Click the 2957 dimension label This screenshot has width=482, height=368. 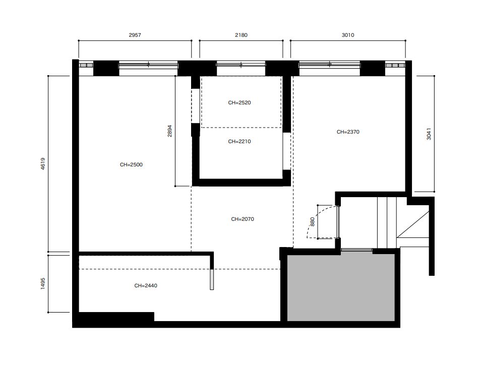[x=135, y=35]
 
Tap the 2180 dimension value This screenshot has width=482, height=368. [x=241, y=35]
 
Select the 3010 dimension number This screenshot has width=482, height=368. [x=348, y=35]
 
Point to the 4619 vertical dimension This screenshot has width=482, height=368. [x=43, y=163]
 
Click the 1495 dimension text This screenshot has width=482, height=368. [x=43, y=283]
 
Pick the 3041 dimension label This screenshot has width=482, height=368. [x=429, y=134]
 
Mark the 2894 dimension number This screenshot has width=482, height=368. [x=170, y=131]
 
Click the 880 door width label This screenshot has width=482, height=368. [x=313, y=222]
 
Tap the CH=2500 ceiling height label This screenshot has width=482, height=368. [x=131, y=165]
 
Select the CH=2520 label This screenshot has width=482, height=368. [x=239, y=103]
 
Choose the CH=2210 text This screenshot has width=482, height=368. [x=239, y=142]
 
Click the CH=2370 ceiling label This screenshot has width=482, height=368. [x=348, y=132]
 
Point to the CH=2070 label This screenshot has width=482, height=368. [x=243, y=219]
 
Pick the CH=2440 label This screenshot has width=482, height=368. [x=146, y=286]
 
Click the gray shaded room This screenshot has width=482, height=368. [x=341, y=287]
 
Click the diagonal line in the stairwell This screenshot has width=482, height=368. [x=413, y=221]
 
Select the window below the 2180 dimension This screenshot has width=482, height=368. [x=240, y=65]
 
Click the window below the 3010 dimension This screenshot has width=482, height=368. [x=330, y=65]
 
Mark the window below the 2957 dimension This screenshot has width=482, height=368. [x=148, y=65]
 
